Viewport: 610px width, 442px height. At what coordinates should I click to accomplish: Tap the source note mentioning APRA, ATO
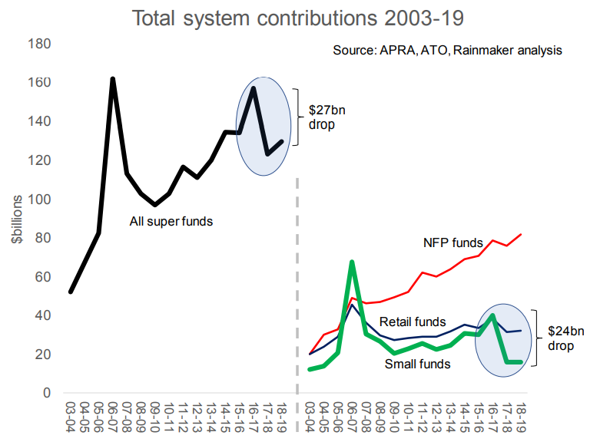tap(447, 50)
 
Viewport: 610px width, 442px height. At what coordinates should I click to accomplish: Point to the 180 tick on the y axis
tap(41, 44)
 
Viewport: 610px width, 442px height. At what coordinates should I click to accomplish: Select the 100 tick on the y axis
tap(41, 200)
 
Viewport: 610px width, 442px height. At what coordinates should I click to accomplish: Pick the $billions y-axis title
tap(16, 219)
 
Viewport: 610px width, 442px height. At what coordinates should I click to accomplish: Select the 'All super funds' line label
tap(170, 222)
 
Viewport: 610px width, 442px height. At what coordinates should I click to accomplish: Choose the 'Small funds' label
tap(417, 364)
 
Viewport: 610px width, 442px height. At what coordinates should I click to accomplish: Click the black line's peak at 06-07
tap(113, 79)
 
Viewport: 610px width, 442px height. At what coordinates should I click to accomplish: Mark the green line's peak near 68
tap(351, 262)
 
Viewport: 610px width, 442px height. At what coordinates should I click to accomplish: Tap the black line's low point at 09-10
tap(155, 205)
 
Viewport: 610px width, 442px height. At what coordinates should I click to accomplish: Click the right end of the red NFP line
tap(521, 234)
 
